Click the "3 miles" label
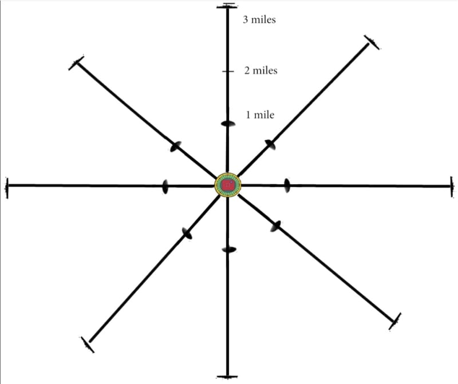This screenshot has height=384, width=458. pyautogui.click(x=259, y=20)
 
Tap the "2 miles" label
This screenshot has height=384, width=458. pyautogui.click(x=260, y=71)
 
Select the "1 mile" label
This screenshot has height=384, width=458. pyautogui.click(x=260, y=115)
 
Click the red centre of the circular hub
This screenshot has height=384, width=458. pyautogui.click(x=228, y=185)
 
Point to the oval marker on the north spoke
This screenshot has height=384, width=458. pyautogui.click(x=228, y=124)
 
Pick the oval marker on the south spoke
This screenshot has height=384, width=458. pyautogui.click(x=229, y=250)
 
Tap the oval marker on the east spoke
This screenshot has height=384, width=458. pyautogui.click(x=287, y=185)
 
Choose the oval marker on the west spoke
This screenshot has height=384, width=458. pyautogui.click(x=165, y=186)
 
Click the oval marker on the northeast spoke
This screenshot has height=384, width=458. pyautogui.click(x=270, y=144)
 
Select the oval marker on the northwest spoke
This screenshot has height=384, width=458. pyautogui.click(x=176, y=147)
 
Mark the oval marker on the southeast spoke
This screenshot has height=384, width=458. pyautogui.click(x=275, y=226)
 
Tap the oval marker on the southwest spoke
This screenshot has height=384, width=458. pyautogui.click(x=187, y=233)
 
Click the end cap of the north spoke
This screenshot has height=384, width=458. pyautogui.click(x=228, y=6)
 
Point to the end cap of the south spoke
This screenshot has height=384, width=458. pyautogui.click(x=228, y=377)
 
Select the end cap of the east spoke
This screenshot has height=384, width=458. pyautogui.click(x=452, y=186)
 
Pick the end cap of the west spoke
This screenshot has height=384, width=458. pyautogui.click(x=6, y=186)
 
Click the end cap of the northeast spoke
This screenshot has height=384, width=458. pyautogui.click(x=372, y=42)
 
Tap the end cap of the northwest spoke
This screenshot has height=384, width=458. pyautogui.click(x=76, y=62)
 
